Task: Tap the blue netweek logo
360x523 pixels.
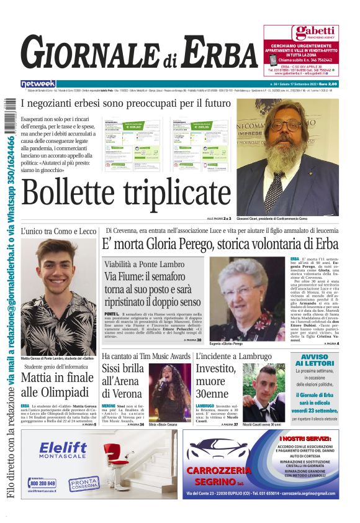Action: click(x=38, y=83)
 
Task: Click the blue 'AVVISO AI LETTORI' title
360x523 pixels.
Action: click(x=317, y=360)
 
